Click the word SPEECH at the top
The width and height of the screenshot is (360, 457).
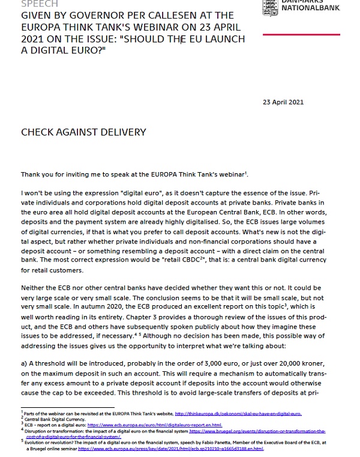coord(39,4)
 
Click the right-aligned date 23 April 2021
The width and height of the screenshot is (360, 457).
coord(283,102)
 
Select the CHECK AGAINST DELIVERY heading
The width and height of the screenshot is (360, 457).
coord(83,132)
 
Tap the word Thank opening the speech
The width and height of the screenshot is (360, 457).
coord(31,175)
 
